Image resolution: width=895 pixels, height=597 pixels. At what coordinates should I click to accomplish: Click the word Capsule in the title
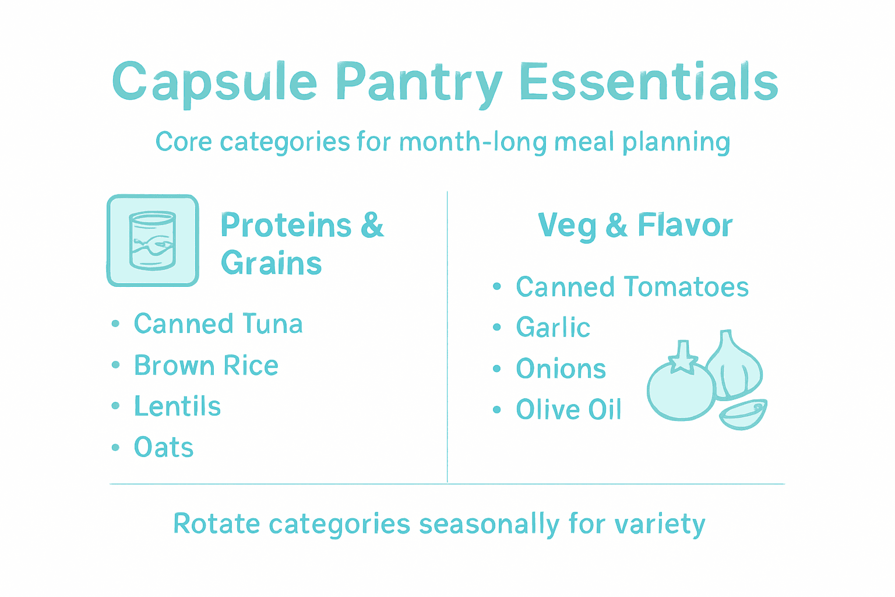pyautogui.click(x=214, y=82)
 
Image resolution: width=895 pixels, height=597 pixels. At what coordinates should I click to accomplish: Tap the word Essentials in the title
pyautogui.click(x=648, y=82)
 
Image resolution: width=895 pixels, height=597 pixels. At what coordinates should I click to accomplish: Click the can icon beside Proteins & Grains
pyautogui.click(x=153, y=240)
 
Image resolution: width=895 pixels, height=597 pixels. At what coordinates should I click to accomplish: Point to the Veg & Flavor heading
pyautogui.click(x=635, y=226)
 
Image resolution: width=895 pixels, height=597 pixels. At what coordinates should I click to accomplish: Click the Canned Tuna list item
pyautogui.click(x=218, y=324)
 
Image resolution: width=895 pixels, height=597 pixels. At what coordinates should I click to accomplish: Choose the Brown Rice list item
pyautogui.click(x=206, y=366)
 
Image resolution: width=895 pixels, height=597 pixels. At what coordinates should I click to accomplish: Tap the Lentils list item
pyautogui.click(x=177, y=406)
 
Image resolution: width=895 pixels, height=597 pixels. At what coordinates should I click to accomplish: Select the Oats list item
pyautogui.click(x=164, y=448)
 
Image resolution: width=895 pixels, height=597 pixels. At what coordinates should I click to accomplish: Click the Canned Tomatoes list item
pyautogui.click(x=632, y=287)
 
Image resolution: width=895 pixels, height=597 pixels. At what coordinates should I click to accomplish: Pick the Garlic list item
pyautogui.click(x=553, y=328)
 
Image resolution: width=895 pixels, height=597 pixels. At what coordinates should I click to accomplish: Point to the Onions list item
pyautogui.click(x=561, y=369)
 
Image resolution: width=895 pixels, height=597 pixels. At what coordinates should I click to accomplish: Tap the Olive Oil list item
pyautogui.click(x=569, y=410)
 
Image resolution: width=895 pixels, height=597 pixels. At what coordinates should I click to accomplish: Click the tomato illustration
pyautogui.click(x=681, y=391)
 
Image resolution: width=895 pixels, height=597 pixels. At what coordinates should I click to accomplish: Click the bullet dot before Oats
pyautogui.click(x=115, y=448)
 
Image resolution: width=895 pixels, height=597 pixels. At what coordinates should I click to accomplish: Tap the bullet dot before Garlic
pyautogui.click(x=496, y=328)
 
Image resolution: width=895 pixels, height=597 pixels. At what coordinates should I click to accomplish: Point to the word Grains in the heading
pyautogui.click(x=272, y=264)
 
